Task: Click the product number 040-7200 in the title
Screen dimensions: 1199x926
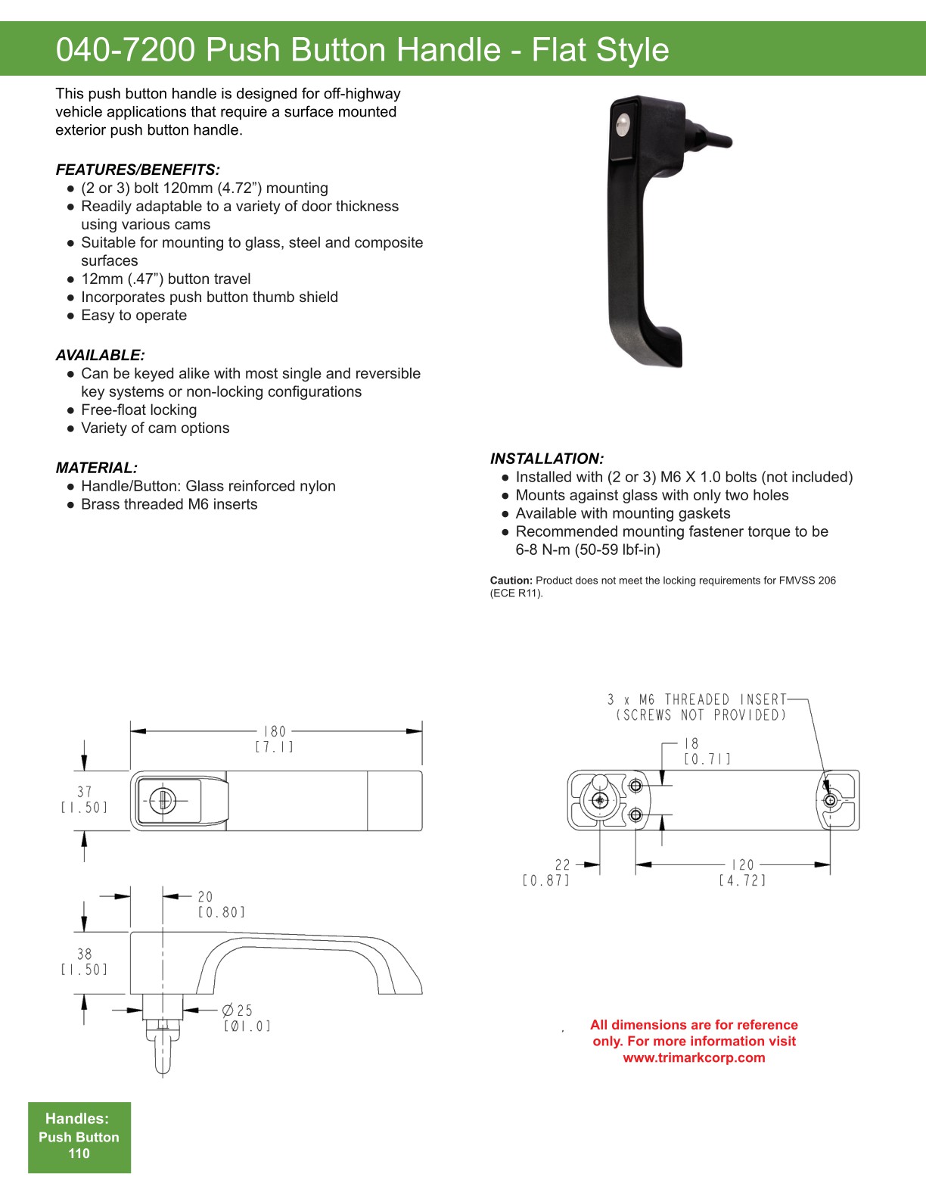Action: pyautogui.click(x=126, y=50)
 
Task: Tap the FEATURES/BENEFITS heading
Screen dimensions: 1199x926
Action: pyautogui.click(x=138, y=170)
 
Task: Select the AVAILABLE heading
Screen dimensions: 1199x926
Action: pyautogui.click(x=100, y=355)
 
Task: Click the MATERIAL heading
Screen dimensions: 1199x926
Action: pyautogui.click(x=97, y=468)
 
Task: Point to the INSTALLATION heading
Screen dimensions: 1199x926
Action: pyautogui.click(x=547, y=459)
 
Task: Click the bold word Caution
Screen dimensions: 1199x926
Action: pyautogui.click(x=511, y=581)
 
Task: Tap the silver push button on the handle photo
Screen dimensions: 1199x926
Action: pyautogui.click(x=622, y=125)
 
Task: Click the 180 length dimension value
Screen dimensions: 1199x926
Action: pyautogui.click(x=275, y=731)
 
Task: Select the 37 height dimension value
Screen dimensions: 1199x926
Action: pyautogui.click(x=84, y=792)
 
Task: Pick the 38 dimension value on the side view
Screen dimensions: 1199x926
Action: pyautogui.click(x=84, y=954)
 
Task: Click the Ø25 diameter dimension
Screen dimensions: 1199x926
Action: pyautogui.click(x=238, y=1011)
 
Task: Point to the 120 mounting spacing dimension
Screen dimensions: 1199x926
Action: pyautogui.click(x=742, y=864)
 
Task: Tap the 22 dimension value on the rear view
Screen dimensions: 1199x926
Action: pyautogui.click(x=562, y=864)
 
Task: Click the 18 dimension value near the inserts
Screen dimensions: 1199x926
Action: pyautogui.click(x=691, y=743)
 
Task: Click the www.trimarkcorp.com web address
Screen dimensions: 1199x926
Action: pyautogui.click(x=694, y=1057)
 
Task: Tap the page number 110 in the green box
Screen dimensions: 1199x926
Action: pyautogui.click(x=79, y=1154)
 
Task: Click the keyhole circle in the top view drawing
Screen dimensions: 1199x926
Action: pyautogui.click(x=162, y=800)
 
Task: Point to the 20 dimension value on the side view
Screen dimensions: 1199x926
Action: pyautogui.click(x=205, y=896)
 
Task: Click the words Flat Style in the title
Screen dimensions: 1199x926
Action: pyautogui.click(x=600, y=50)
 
